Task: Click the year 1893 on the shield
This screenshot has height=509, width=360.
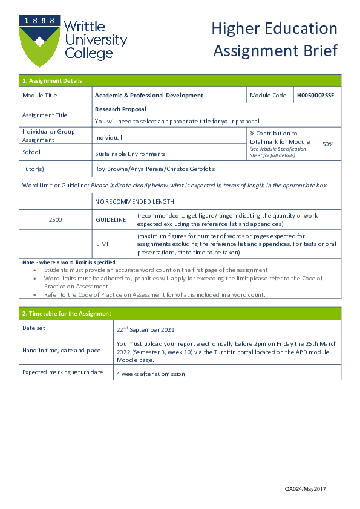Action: tap(40, 20)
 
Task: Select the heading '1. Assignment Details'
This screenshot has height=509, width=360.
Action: tap(52, 81)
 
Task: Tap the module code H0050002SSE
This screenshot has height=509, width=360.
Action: tap(315, 96)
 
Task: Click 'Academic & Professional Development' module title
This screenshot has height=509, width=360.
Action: tap(149, 96)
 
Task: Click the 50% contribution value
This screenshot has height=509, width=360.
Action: tap(328, 144)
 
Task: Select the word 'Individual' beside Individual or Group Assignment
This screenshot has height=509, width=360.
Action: tap(108, 138)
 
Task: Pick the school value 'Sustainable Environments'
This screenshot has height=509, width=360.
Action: tap(130, 154)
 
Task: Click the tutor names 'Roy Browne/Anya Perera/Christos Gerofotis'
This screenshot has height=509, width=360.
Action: tap(155, 169)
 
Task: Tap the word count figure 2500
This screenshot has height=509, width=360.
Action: tap(55, 219)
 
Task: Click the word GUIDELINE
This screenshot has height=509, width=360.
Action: tap(111, 219)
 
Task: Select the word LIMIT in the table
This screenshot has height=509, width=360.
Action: tap(104, 244)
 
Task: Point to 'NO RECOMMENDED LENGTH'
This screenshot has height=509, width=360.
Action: tap(134, 201)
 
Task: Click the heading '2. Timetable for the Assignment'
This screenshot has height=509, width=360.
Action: tap(67, 313)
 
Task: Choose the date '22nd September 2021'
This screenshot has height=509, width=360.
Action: tap(145, 329)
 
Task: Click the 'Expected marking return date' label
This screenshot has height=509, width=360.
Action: tap(62, 372)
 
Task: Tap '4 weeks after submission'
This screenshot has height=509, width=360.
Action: tap(151, 374)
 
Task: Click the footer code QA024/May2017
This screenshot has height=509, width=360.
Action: tap(306, 488)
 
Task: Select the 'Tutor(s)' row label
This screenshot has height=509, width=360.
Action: tap(33, 169)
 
